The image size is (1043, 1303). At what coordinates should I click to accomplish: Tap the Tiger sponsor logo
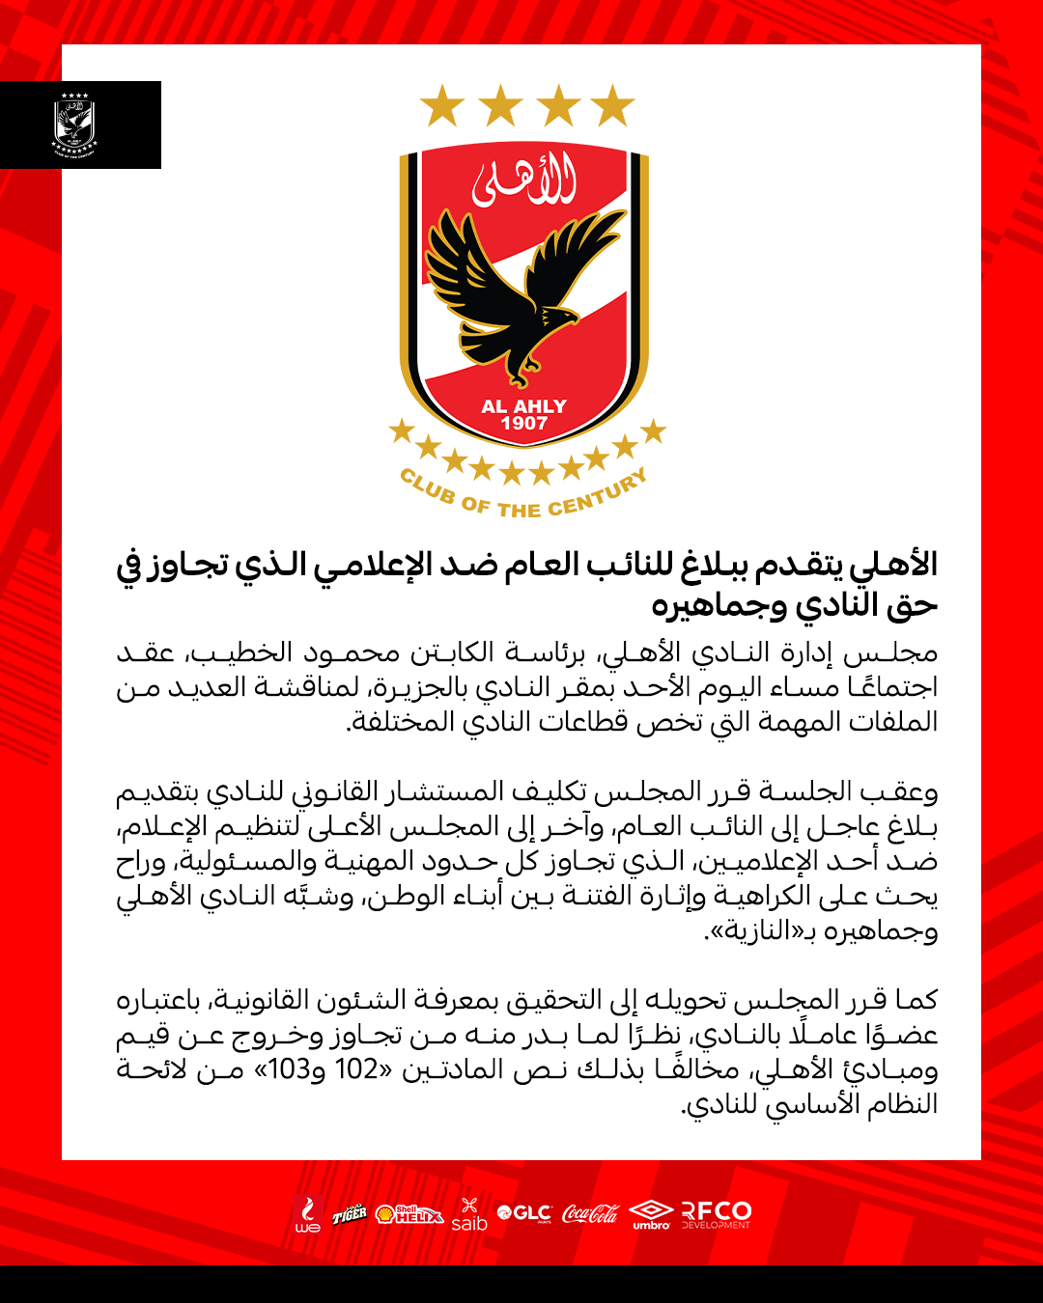coord(350,1214)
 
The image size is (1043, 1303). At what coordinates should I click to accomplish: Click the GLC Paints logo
coord(524,1213)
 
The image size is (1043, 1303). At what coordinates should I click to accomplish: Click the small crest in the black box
coord(75,125)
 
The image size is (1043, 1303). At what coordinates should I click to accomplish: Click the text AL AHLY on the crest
coord(523,406)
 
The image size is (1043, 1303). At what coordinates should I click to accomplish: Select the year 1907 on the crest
coord(523,423)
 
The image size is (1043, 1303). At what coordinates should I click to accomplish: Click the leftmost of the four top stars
coord(442,105)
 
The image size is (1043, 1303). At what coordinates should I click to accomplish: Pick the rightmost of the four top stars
coord(612,105)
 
